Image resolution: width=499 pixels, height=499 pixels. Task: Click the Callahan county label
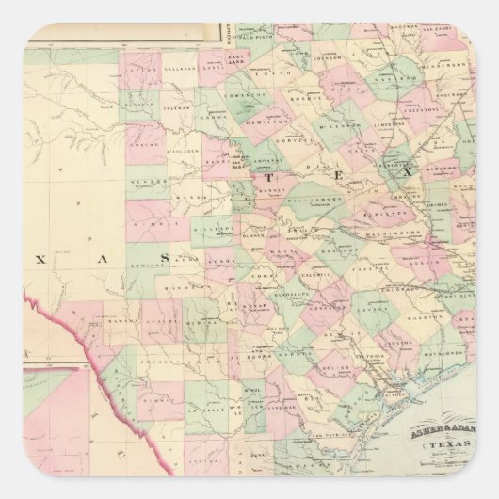[181, 70]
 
